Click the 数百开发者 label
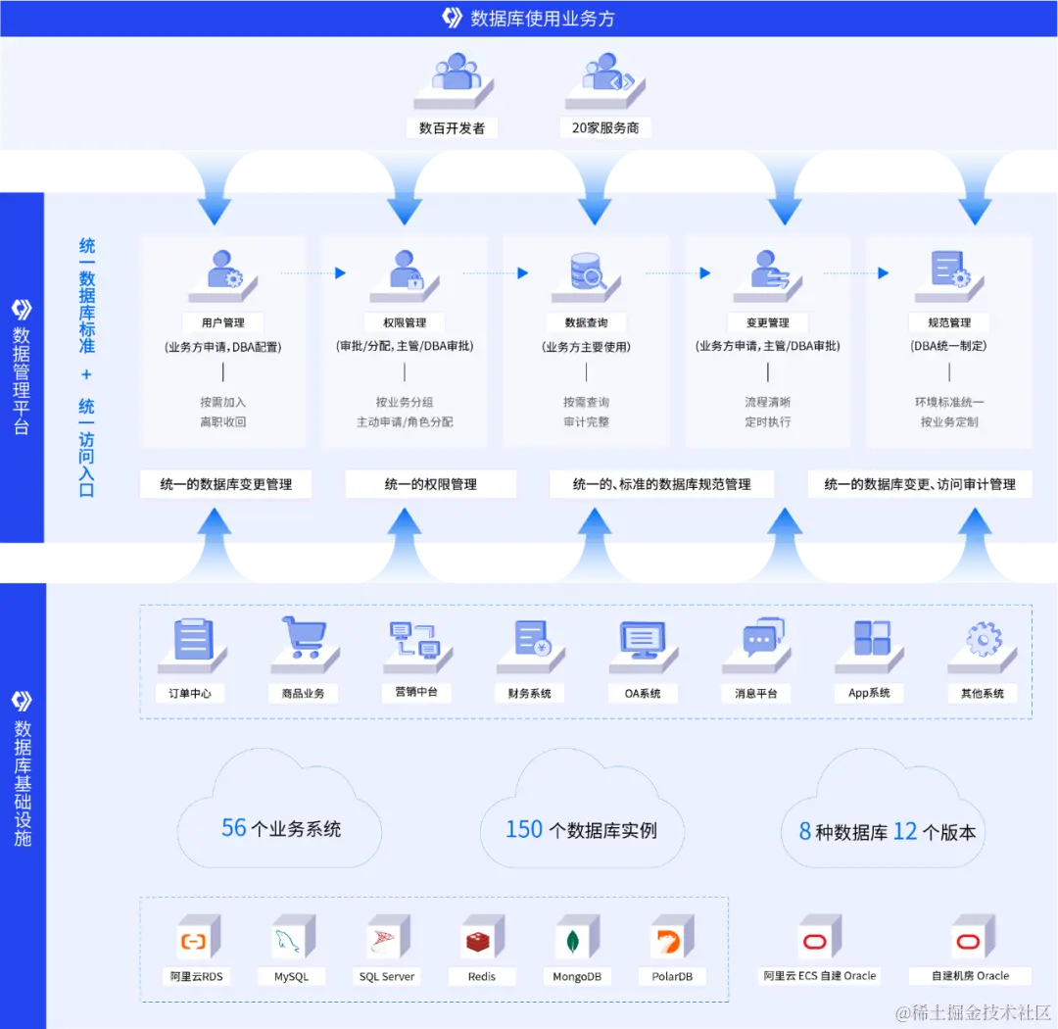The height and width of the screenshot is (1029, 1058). coord(452,127)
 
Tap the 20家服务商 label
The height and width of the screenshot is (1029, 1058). coord(604,127)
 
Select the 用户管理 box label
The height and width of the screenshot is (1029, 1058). coord(223,322)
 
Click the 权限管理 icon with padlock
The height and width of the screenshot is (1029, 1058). coord(406,270)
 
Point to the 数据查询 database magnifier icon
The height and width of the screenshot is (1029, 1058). coord(587,271)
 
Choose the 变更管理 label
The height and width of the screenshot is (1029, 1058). coord(767,322)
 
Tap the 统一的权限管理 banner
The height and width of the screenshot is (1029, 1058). coord(431,484)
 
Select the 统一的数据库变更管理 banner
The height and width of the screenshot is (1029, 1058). coord(226,484)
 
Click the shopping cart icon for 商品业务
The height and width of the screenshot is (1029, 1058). coord(303,639)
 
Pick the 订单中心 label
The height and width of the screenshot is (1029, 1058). coord(190,693)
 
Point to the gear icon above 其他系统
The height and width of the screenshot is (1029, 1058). coord(983,640)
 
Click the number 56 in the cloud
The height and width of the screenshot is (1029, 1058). coord(233,828)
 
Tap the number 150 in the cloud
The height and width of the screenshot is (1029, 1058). coord(523,830)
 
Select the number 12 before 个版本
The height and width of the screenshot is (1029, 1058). coord(905,832)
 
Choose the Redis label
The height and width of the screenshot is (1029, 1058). coord(482,976)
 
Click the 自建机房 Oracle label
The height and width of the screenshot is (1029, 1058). coord(970,975)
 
